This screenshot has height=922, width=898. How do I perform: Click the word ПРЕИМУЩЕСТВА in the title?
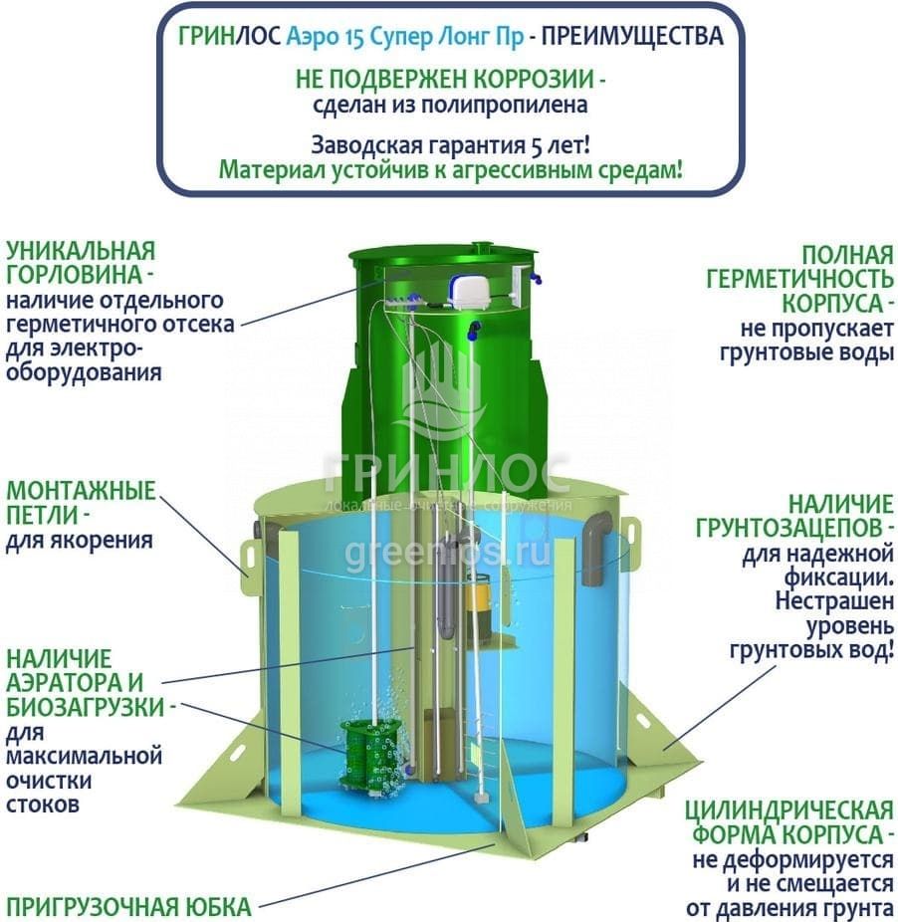tap(632, 37)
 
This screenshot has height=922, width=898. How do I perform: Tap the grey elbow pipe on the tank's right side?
tap(598, 547)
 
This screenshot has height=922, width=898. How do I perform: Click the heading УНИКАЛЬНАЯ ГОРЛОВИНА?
tap(82, 263)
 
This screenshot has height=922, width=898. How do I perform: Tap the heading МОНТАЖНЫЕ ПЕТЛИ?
tap(82, 503)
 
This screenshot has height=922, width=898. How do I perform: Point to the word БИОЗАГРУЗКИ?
tap(86, 707)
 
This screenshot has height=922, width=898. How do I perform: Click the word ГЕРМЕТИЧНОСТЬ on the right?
tap(799, 280)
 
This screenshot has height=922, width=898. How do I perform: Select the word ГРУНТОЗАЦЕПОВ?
tap(789, 529)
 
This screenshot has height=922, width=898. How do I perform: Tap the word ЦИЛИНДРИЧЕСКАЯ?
tap(789, 810)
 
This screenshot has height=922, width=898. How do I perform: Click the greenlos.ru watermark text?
tap(448, 553)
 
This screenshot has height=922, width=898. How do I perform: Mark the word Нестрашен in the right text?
tap(834, 602)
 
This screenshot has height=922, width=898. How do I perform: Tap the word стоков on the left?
tap(43, 805)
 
